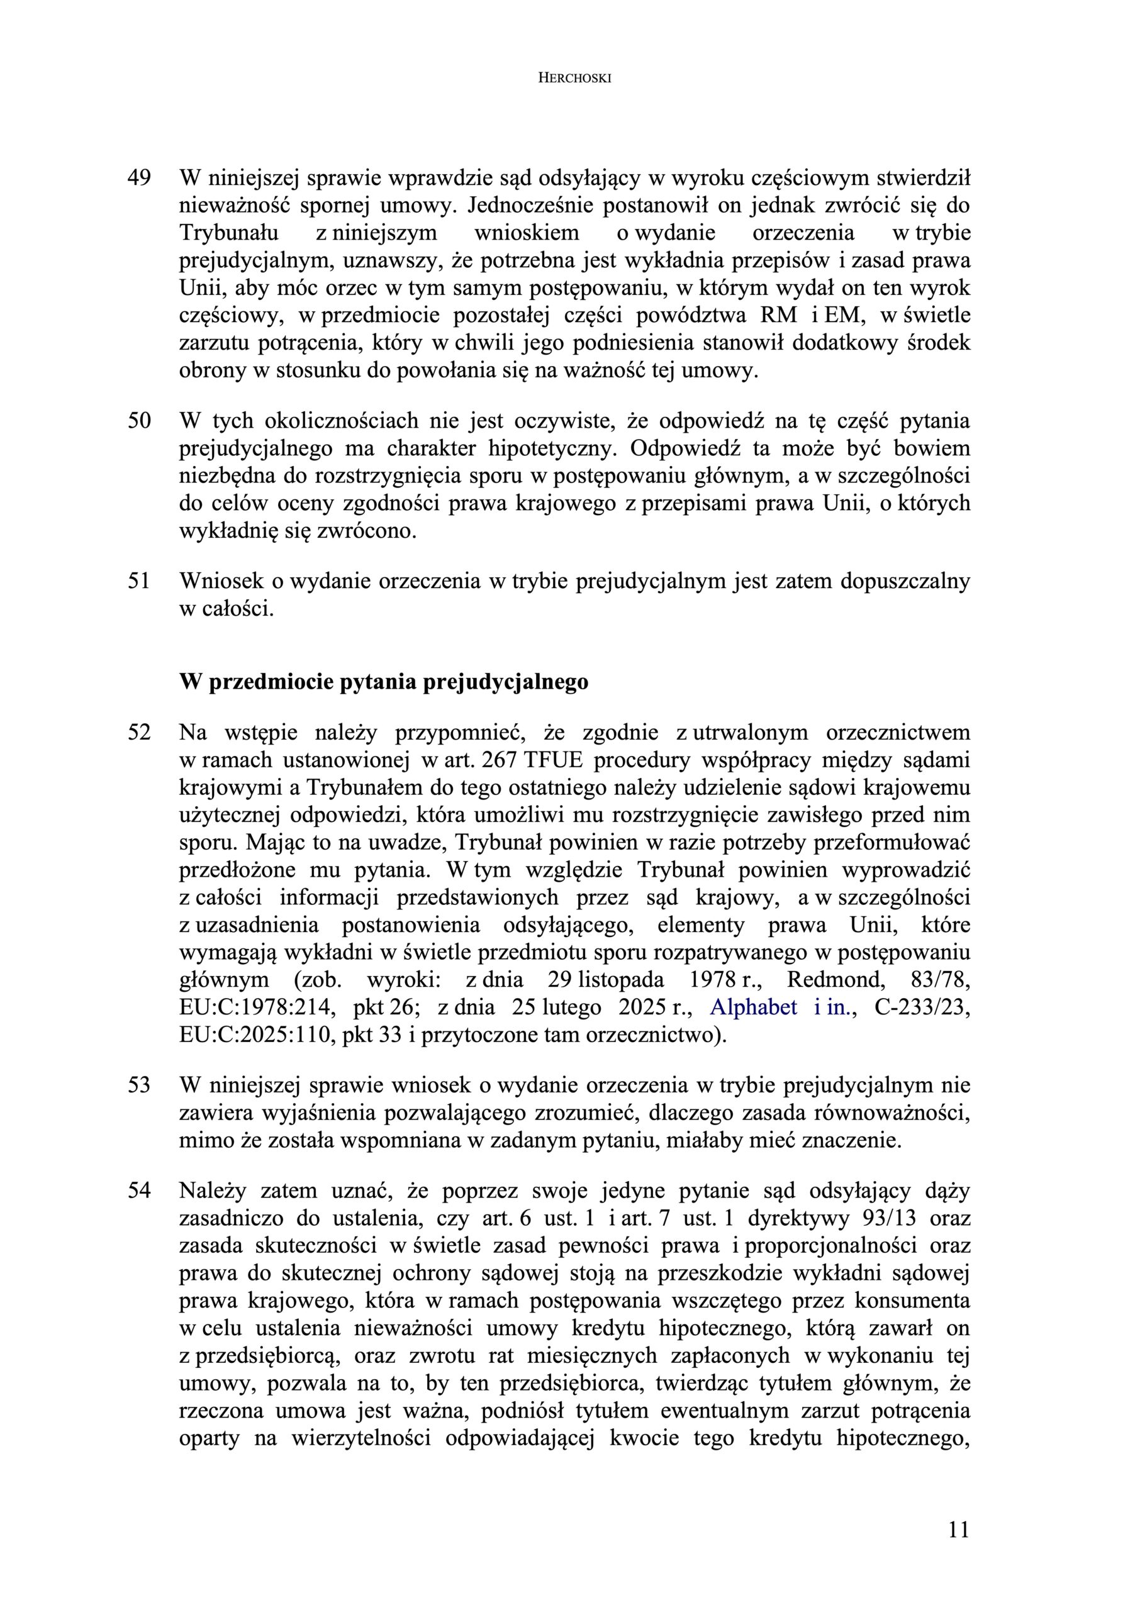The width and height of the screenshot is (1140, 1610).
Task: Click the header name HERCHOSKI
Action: click(574, 79)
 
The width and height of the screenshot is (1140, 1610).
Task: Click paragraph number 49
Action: click(139, 178)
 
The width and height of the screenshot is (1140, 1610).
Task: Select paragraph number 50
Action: click(139, 421)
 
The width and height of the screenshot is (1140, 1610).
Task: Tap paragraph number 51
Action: click(139, 581)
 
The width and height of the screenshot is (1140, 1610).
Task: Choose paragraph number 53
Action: click(139, 1085)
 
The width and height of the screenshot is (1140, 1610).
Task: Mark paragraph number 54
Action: click(139, 1191)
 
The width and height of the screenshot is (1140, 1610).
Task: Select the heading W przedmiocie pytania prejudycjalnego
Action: click(384, 682)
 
